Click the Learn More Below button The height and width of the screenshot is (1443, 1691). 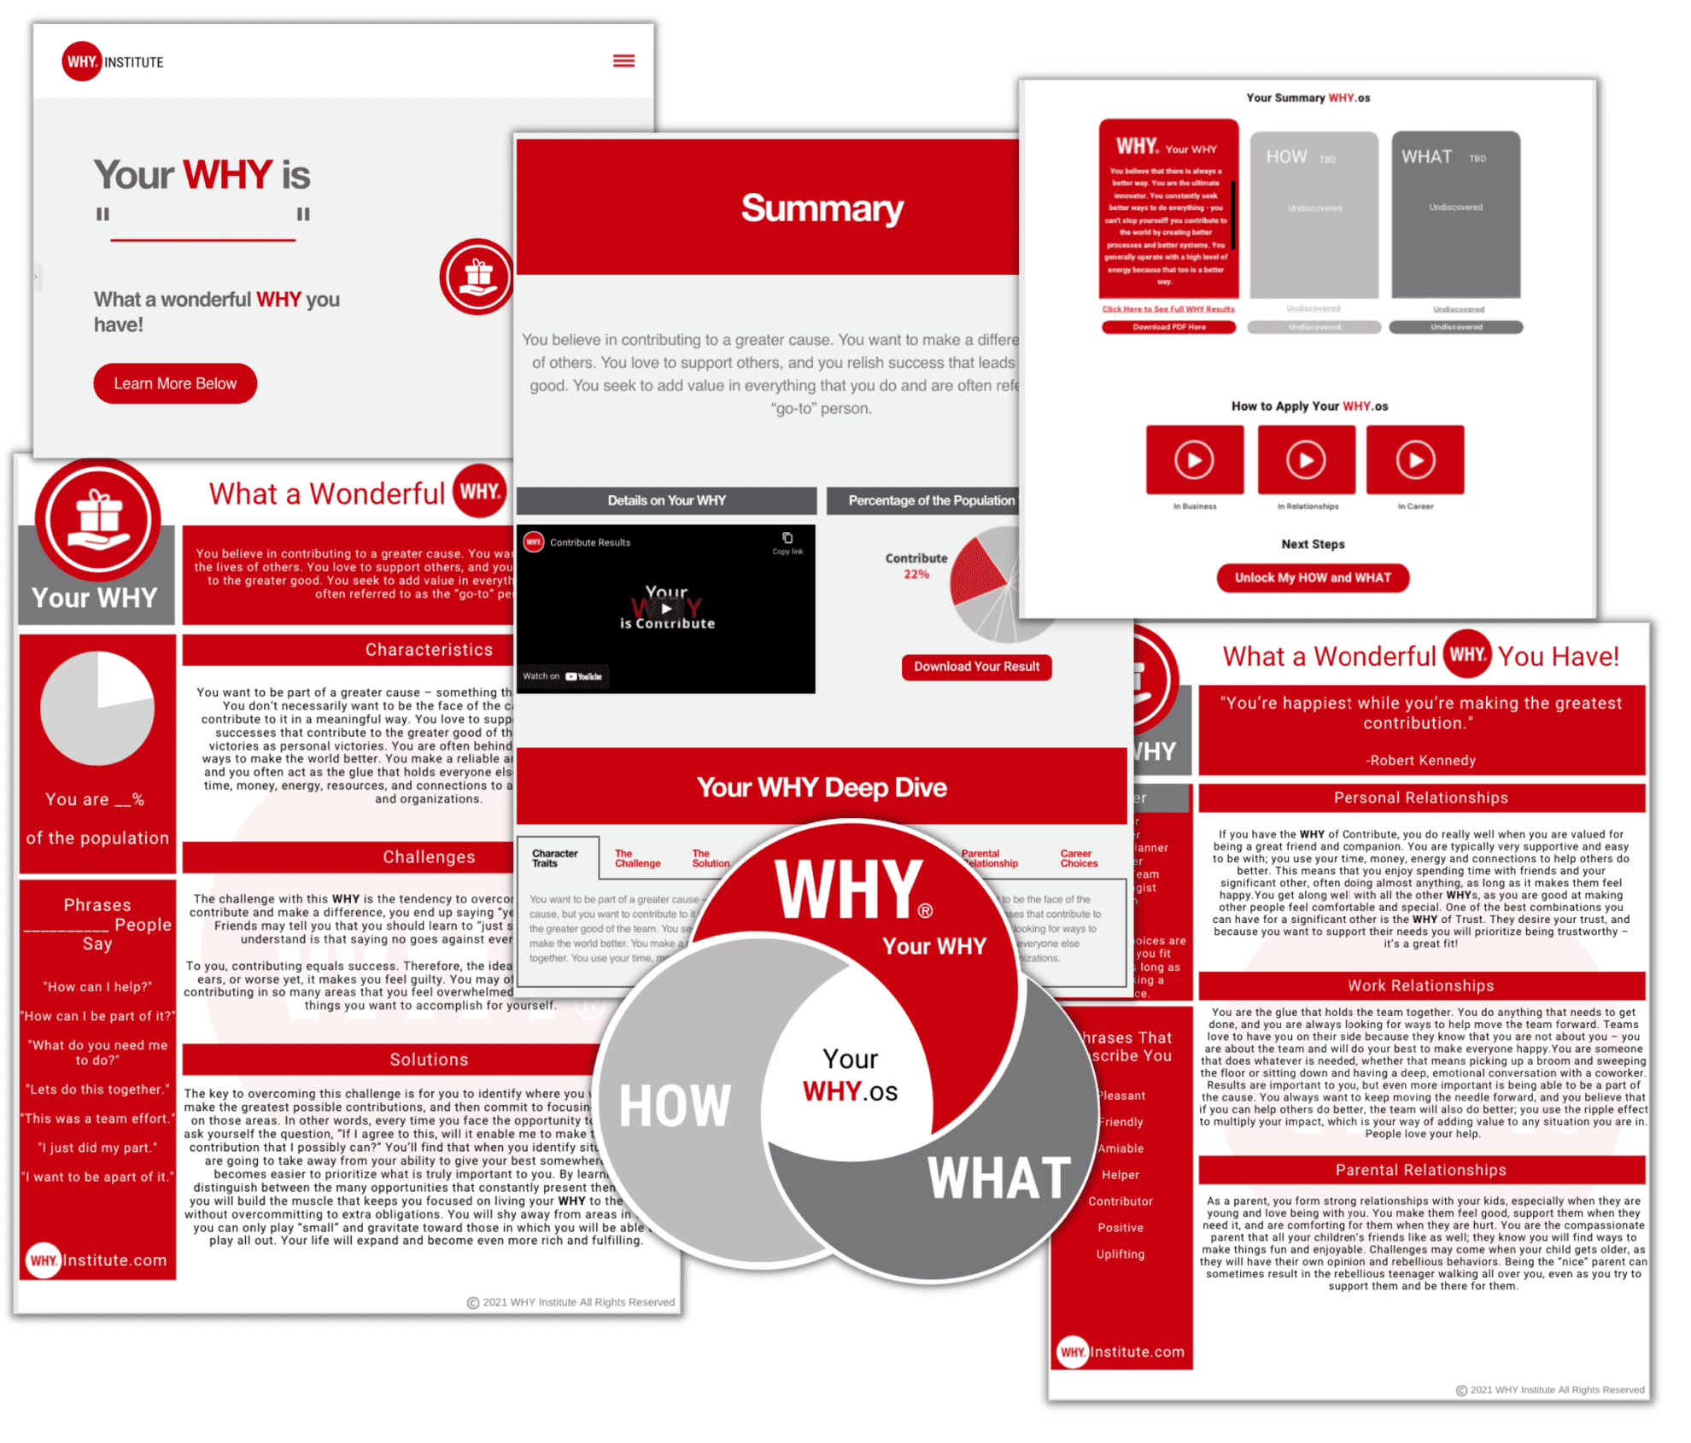[175, 383]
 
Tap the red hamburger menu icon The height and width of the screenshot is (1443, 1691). [623, 61]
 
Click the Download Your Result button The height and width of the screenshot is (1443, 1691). [976, 667]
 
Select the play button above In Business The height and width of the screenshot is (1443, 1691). [1194, 459]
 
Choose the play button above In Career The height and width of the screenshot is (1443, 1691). [1415, 459]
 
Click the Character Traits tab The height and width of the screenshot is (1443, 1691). [555, 858]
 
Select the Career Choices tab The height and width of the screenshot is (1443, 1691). [1079, 858]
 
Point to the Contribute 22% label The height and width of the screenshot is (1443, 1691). [916, 565]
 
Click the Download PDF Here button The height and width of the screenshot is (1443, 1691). [1168, 327]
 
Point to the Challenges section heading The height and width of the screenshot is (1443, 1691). [429, 857]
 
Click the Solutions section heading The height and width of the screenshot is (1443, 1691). [429, 1060]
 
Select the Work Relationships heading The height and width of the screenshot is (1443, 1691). [1421, 985]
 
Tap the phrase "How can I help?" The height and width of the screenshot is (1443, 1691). [97, 987]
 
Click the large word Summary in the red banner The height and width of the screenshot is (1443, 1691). [822, 208]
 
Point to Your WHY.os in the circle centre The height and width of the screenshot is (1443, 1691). [851, 1076]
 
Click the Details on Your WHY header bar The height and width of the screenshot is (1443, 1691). [666, 500]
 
